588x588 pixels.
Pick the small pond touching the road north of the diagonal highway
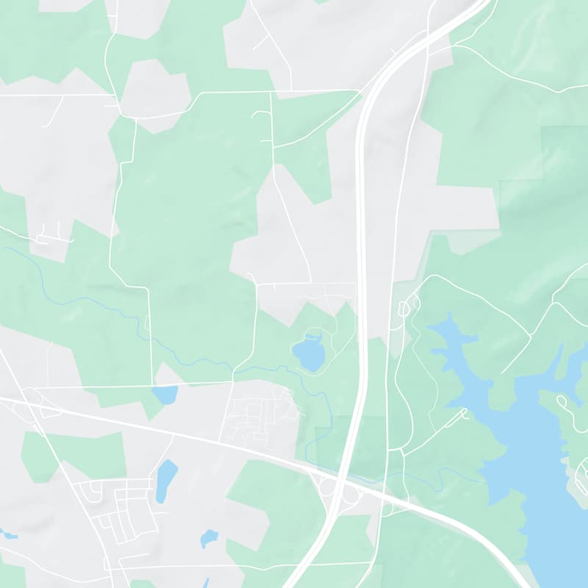click(166, 394)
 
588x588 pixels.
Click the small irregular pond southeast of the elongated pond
click(209, 537)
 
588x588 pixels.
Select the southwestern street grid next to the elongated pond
click(121, 507)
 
